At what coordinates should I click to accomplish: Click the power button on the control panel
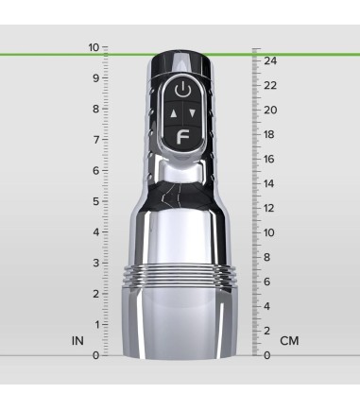(x=184, y=92)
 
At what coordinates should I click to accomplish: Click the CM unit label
(x=289, y=340)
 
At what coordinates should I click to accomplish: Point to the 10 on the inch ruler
(x=93, y=46)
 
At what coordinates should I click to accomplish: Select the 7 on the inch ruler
(x=94, y=139)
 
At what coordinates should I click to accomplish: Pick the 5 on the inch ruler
(x=94, y=200)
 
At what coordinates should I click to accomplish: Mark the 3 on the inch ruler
(x=94, y=263)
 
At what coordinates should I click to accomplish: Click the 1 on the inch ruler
(x=94, y=324)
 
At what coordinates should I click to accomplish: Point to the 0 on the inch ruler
(x=94, y=355)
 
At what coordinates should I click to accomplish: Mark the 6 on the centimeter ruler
(x=267, y=282)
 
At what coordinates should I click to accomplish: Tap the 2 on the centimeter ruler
(x=267, y=331)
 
